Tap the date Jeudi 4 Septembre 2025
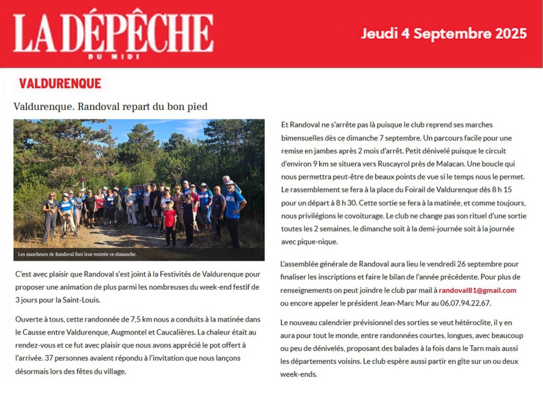click(x=443, y=34)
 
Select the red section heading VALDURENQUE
click(x=60, y=83)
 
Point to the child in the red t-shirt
click(x=170, y=220)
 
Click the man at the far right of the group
click(x=234, y=208)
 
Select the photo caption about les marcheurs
click(x=77, y=254)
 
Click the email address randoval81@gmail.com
click(x=477, y=290)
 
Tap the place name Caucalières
click(x=186, y=332)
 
